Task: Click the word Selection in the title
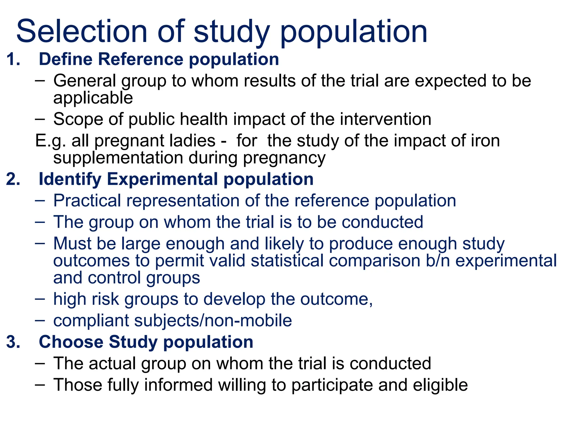pyautogui.click(x=82, y=31)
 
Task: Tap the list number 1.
pyautogui.click(x=13, y=59)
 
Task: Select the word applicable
pyautogui.click(x=93, y=98)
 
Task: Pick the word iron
pyautogui.click(x=485, y=141)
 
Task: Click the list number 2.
pyautogui.click(x=13, y=179)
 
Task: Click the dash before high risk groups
pyautogui.click(x=40, y=299)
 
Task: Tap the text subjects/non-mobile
pyautogui.click(x=213, y=321)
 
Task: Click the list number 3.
pyautogui.click(x=13, y=342)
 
